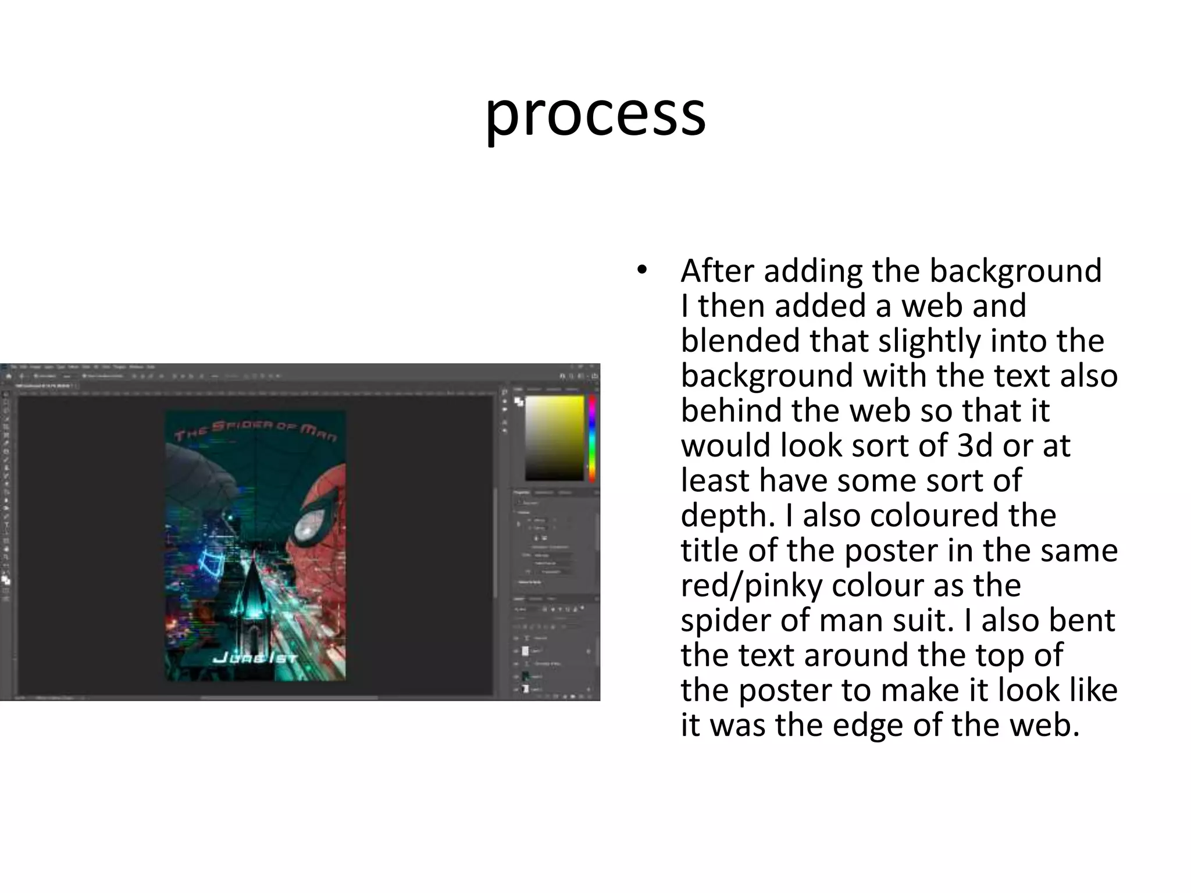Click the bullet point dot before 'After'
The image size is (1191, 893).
[x=641, y=270]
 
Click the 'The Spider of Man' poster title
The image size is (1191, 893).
[x=255, y=430]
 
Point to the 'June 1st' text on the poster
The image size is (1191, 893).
[x=255, y=658]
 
